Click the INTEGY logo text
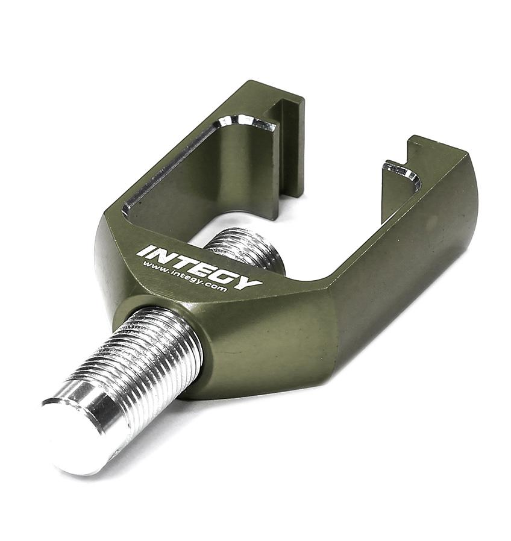(199, 267)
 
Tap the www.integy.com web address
(184, 277)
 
